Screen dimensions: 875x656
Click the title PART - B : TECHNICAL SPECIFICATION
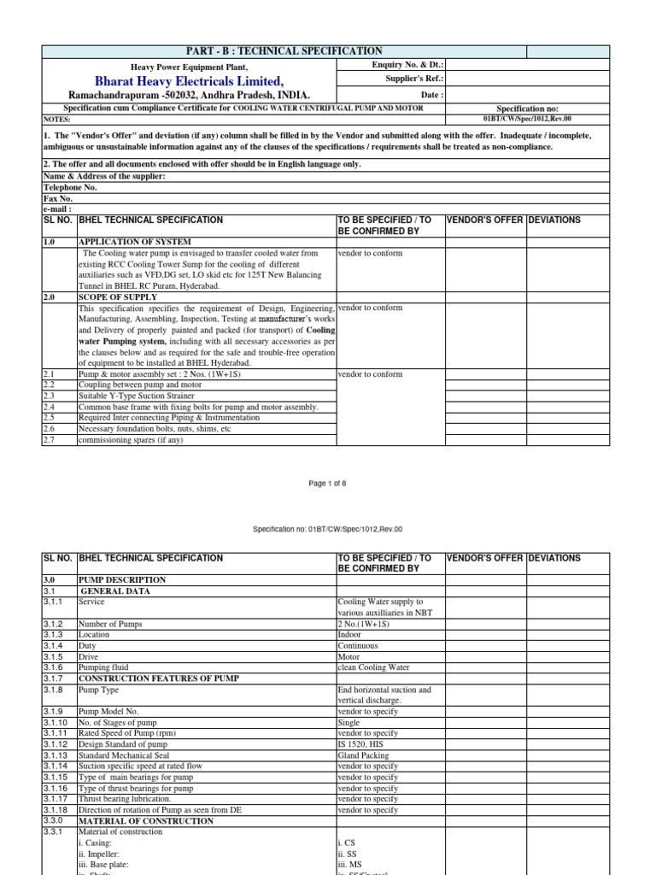click(x=285, y=52)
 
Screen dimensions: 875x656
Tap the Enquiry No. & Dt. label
click(x=408, y=65)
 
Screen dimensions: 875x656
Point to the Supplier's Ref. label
click(x=414, y=79)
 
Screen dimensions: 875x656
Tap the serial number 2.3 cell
click(x=49, y=396)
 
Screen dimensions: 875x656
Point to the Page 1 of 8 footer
click(x=327, y=484)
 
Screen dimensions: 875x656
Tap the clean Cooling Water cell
click(x=374, y=667)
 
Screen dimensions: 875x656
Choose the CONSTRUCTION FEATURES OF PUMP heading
click(x=159, y=678)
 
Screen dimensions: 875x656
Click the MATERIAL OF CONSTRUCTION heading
click(x=146, y=821)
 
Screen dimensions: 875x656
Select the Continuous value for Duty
click(x=361, y=646)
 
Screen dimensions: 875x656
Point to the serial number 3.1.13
click(x=55, y=756)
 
